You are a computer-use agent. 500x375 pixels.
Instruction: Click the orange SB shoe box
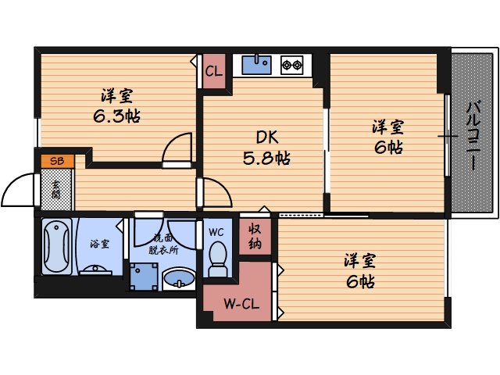[58, 162]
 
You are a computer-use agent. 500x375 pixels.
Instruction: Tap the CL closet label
[213, 71]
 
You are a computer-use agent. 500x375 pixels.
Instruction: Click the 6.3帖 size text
[116, 115]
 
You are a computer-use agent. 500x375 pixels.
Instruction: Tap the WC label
[216, 230]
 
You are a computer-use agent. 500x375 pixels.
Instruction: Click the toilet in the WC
[217, 258]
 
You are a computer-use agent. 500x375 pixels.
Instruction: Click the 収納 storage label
[255, 235]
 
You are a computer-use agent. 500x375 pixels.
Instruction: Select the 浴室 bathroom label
[99, 244]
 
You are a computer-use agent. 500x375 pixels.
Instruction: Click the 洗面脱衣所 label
[164, 243]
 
